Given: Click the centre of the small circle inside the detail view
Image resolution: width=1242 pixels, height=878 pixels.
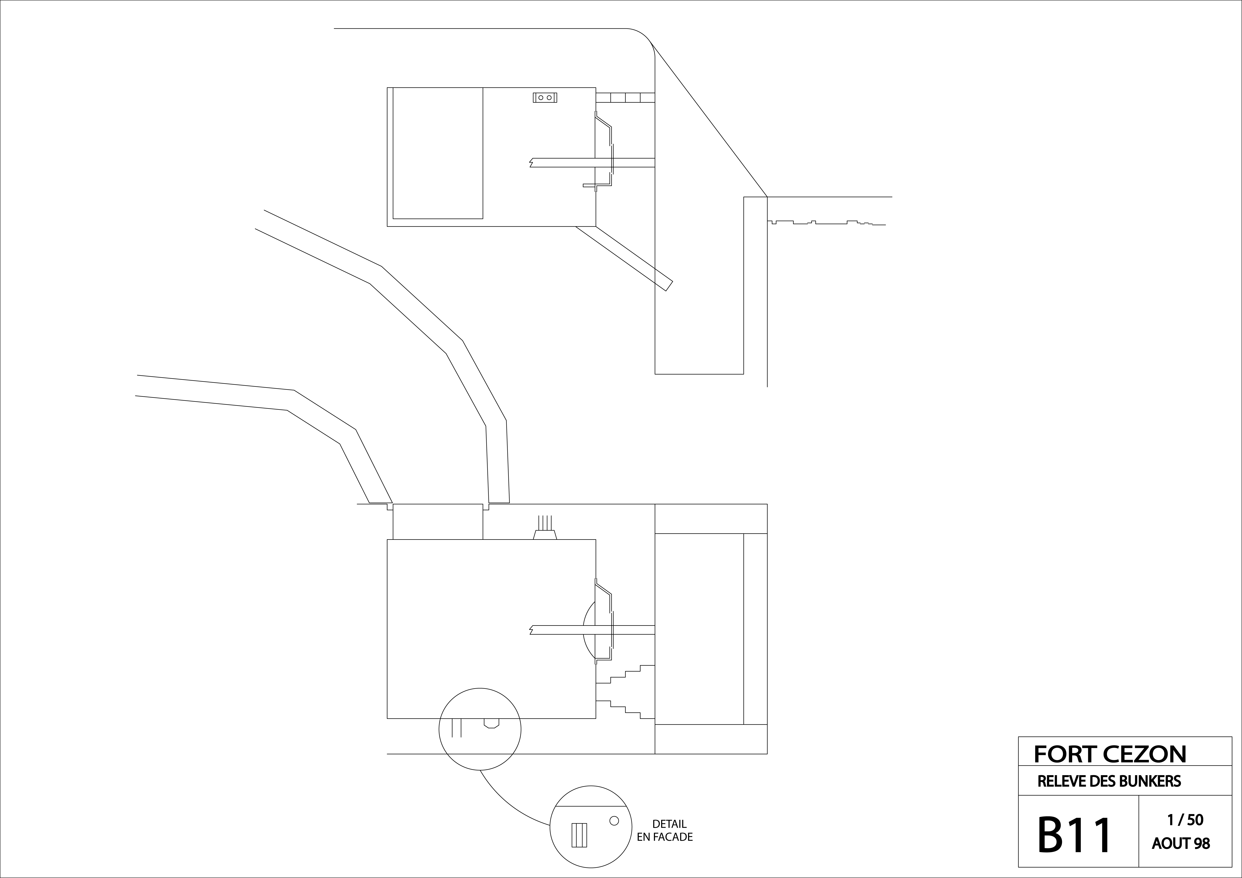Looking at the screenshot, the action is pyautogui.click(x=614, y=821).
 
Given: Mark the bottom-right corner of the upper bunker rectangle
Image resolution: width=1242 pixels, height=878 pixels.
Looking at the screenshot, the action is pyautogui.click(x=596, y=226).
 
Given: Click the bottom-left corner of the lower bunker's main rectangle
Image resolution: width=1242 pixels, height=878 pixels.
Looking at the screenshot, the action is pyautogui.click(x=387, y=718).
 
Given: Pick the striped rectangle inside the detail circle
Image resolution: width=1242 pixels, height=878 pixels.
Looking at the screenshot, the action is pyautogui.click(x=579, y=835).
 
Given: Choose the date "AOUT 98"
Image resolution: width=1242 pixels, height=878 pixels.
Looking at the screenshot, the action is pyautogui.click(x=1181, y=843).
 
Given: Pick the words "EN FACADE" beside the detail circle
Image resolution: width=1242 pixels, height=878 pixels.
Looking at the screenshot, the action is pyautogui.click(x=665, y=837).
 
